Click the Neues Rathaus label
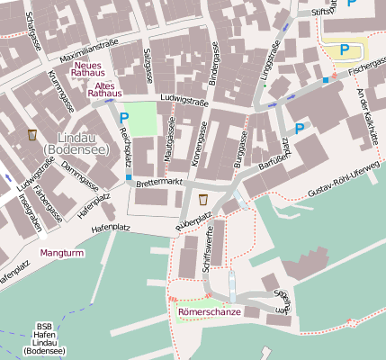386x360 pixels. point(90,68)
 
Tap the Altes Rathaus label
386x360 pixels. point(103,89)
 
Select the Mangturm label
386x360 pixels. point(61,254)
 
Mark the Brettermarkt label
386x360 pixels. point(159,182)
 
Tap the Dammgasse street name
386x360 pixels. point(80,181)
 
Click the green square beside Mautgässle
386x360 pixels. point(139,119)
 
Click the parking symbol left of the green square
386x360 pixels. point(124,117)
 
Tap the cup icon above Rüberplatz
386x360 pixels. point(203,199)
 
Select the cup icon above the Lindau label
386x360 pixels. point(33,135)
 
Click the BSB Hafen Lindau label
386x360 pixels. point(44,338)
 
